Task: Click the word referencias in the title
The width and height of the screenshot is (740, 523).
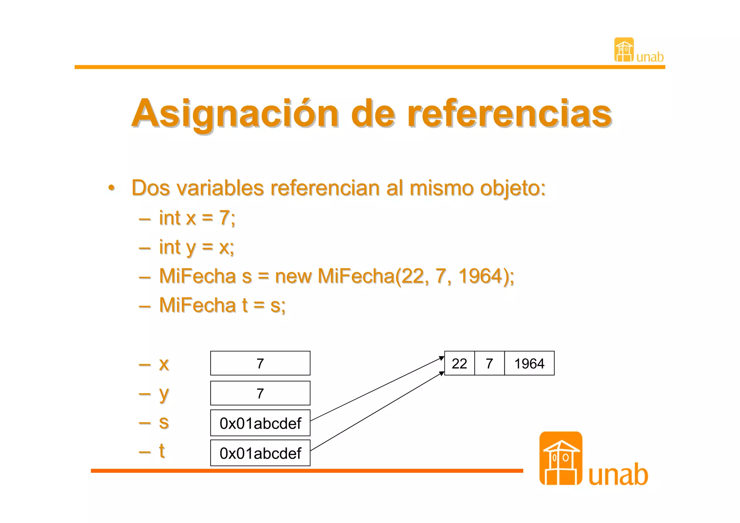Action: click(x=509, y=114)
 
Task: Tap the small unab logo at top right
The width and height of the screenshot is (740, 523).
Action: click(x=638, y=51)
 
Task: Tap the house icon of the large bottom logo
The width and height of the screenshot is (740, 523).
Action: click(x=560, y=458)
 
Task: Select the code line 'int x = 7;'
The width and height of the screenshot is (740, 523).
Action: click(x=197, y=218)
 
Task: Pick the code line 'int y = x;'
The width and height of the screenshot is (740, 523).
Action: click(x=197, y=248)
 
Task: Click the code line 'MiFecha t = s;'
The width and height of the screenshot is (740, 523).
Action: click(x=222, y=305)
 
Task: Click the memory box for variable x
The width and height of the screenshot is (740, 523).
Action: click(x=260, y=363)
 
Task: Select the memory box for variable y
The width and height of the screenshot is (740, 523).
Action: click(x=260, y=393)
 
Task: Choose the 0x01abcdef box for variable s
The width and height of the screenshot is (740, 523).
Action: click(x=260, y=423)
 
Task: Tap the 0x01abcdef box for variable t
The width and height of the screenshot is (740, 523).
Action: click(x=260, y=453)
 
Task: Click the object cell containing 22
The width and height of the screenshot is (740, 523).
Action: click(x=459, y=363)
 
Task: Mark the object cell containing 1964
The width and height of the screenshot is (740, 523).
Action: click(x=529, y=363)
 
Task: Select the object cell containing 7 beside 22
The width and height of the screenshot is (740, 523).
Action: click(x=489, y=363)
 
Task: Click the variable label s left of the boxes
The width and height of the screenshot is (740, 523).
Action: click(x=164, y=422)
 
